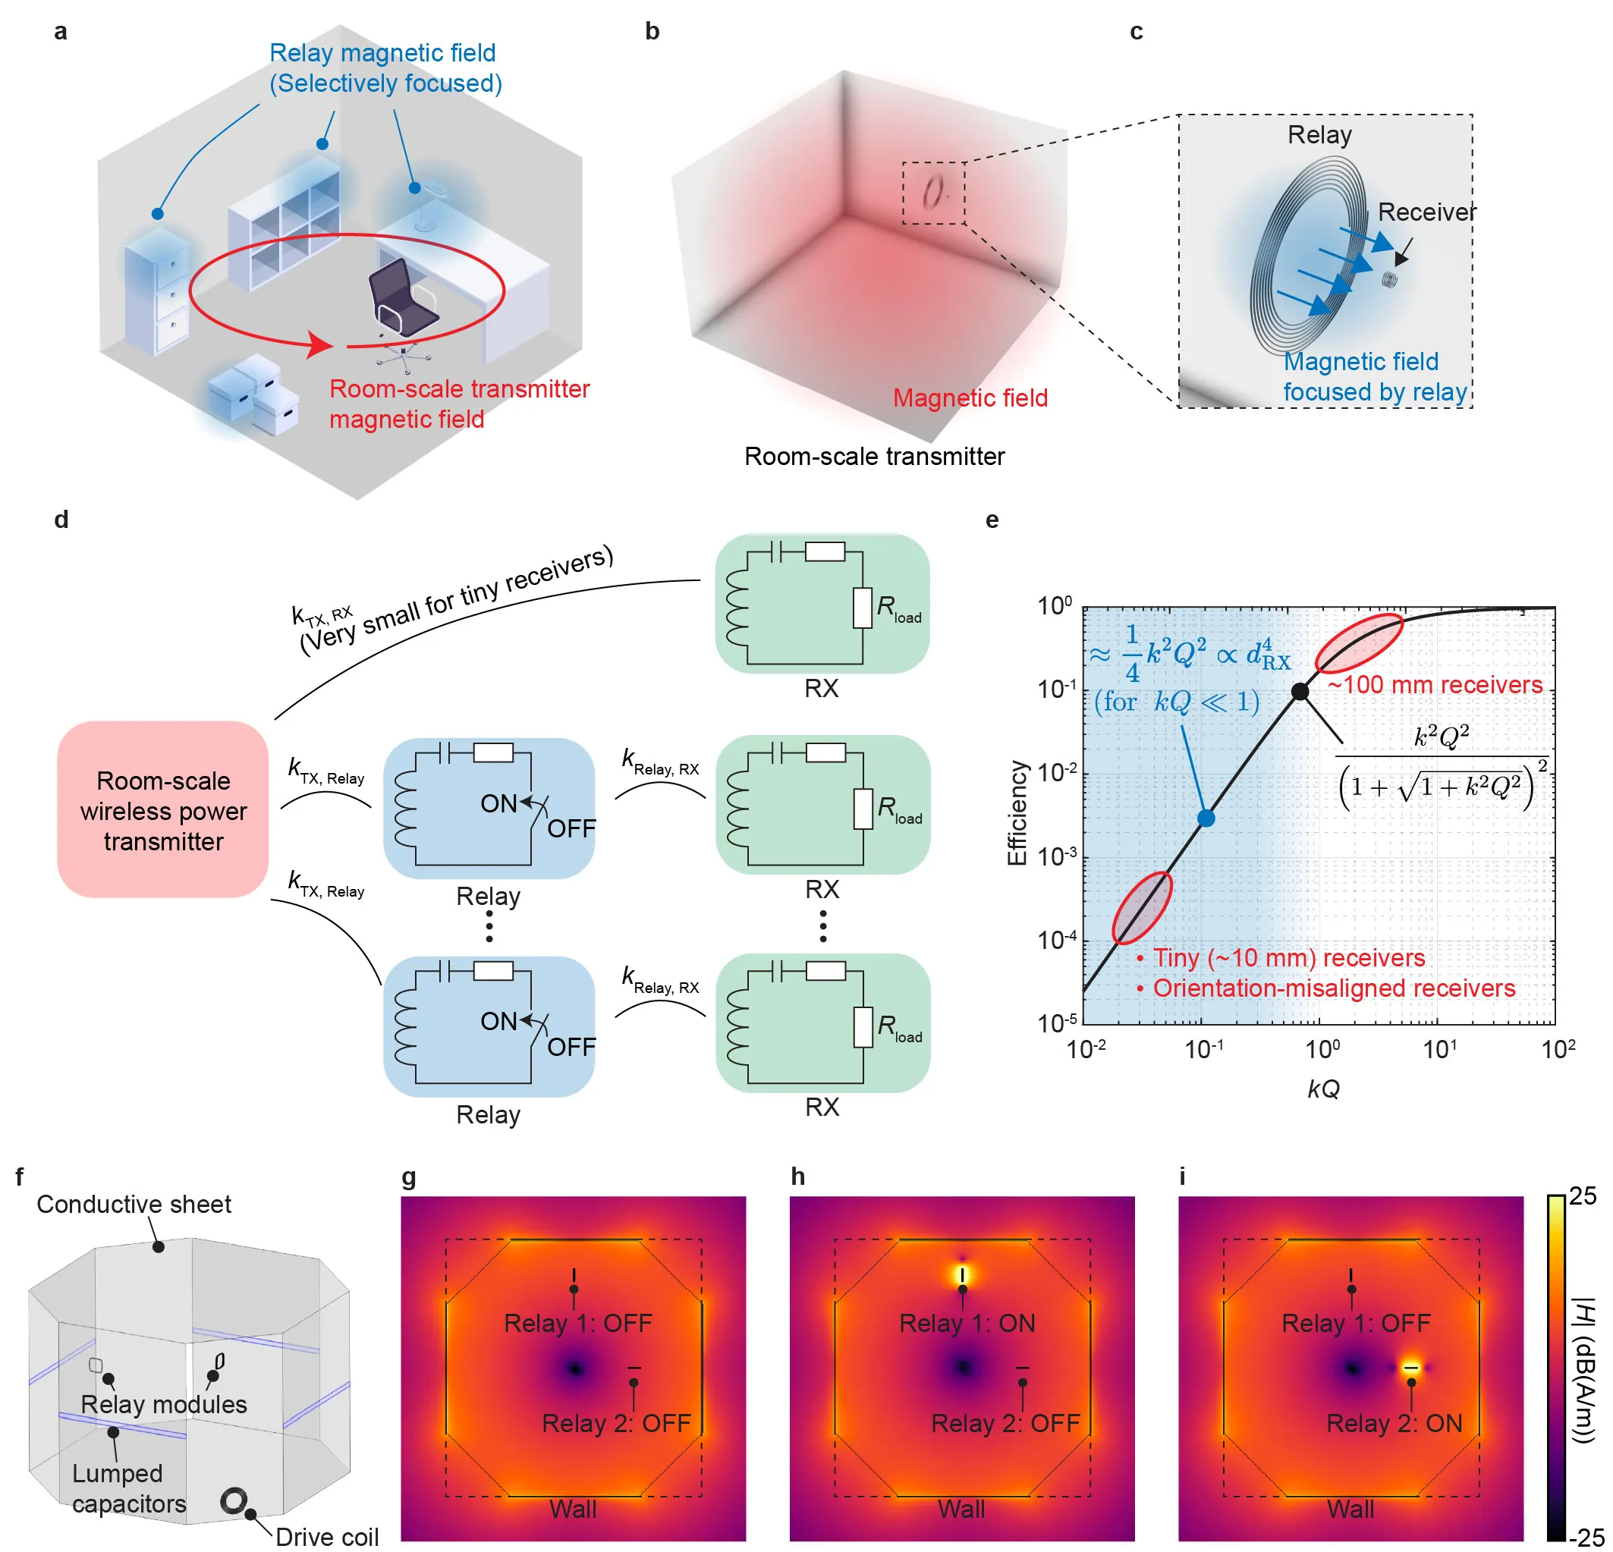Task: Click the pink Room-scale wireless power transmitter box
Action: point(163,809)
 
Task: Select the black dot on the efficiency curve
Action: point(1300,691)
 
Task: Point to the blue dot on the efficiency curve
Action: point(1206,818)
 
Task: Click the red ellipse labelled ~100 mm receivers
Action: point(1359,643)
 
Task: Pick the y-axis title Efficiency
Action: point(1018,812)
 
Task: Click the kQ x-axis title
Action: point(1323,1089)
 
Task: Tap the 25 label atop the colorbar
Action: point(1582,1195)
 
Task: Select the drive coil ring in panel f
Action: point(234,1500)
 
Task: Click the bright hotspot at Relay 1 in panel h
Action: point(962,1274)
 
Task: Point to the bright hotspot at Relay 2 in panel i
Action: point(1410,1368)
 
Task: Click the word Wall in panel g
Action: point(573,1509)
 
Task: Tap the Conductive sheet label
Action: point(134,1204)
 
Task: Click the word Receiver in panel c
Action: point(1427,212)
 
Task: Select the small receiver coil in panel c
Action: point(1390,280)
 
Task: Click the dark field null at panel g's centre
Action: point(575,1368)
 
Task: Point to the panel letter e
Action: point(992,520)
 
